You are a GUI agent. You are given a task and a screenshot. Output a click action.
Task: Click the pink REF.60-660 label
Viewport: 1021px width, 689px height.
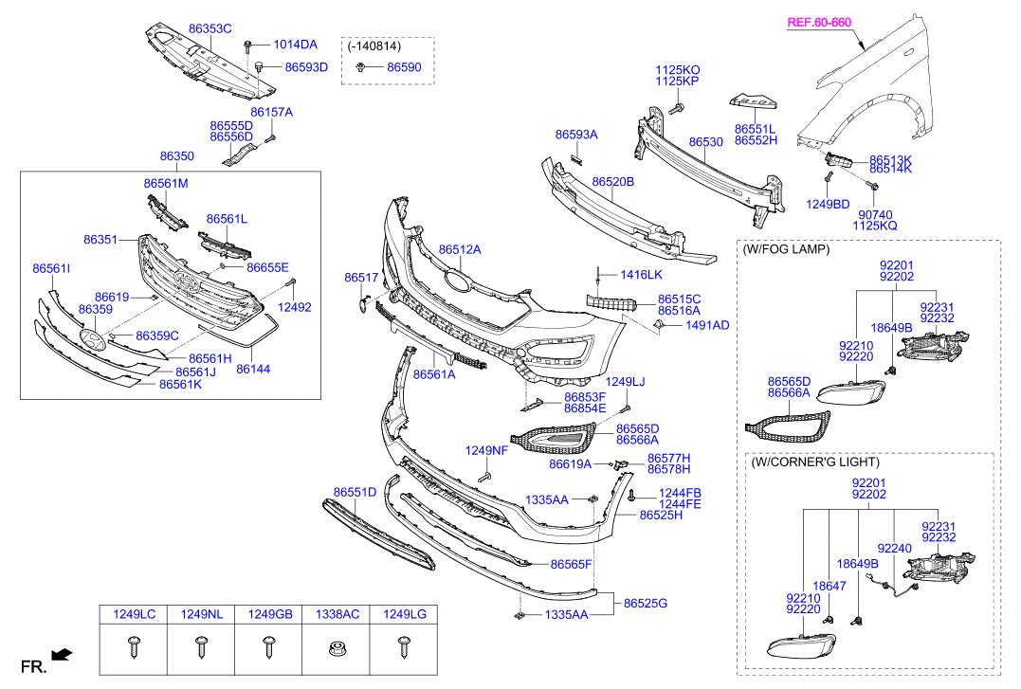point(821,21)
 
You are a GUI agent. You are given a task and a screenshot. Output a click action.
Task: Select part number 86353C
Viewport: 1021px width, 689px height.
point(210,29)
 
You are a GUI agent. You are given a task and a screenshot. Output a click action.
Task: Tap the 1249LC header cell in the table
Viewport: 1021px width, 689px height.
point(134,615)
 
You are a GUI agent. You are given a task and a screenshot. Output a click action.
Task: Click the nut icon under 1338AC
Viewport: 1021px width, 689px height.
point(336,650)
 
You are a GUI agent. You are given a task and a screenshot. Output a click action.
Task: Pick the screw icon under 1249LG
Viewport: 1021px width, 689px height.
point(404,648)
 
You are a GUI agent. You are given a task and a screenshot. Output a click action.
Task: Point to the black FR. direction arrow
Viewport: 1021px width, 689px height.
point(62,654)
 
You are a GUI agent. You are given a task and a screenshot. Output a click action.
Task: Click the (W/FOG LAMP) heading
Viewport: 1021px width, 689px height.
point(786,249)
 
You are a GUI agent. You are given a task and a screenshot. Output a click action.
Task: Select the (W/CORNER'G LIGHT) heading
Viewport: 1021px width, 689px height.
point(814,462)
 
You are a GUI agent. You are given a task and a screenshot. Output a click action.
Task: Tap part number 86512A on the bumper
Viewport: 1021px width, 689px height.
point(460,249)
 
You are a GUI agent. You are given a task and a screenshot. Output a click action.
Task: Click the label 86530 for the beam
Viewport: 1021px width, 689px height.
point(705,141)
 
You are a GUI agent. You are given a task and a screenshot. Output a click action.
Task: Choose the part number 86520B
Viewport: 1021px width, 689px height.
point(612,181)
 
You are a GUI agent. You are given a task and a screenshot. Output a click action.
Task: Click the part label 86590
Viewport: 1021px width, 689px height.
point(404,67)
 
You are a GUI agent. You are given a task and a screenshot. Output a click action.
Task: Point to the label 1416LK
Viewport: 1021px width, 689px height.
point(642,274)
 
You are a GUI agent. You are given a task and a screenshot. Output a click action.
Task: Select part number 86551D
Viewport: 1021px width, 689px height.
point(355,492)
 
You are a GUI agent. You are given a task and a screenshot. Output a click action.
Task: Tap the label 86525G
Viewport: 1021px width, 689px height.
point(646,603)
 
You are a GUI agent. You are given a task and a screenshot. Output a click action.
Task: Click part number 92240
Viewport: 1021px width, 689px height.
point(894,548)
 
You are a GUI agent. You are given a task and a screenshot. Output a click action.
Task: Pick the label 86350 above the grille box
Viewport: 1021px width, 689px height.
point(176,155)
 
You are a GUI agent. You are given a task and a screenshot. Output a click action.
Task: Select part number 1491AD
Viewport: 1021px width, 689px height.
point(707,325)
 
